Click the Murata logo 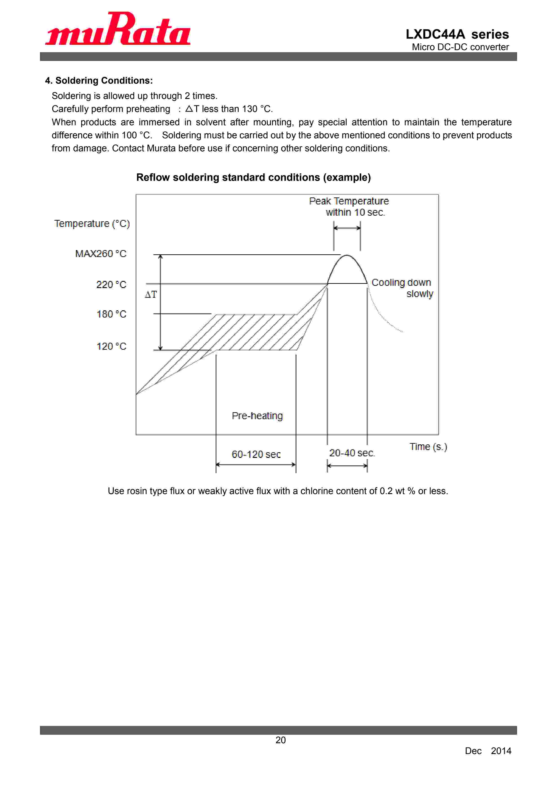click(118, 29)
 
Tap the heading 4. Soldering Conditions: click(99, 81)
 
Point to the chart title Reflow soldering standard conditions click(253, 177)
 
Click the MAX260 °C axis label click(101, 254)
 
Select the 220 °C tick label click(111, 284)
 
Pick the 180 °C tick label click(111, 314)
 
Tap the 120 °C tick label click(111, 346)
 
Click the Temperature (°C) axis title click(92, 224)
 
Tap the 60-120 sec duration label click(256, 454)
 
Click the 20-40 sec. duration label click(352, 453)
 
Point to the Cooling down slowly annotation click(402, 288)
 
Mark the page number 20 click(281, 740)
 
